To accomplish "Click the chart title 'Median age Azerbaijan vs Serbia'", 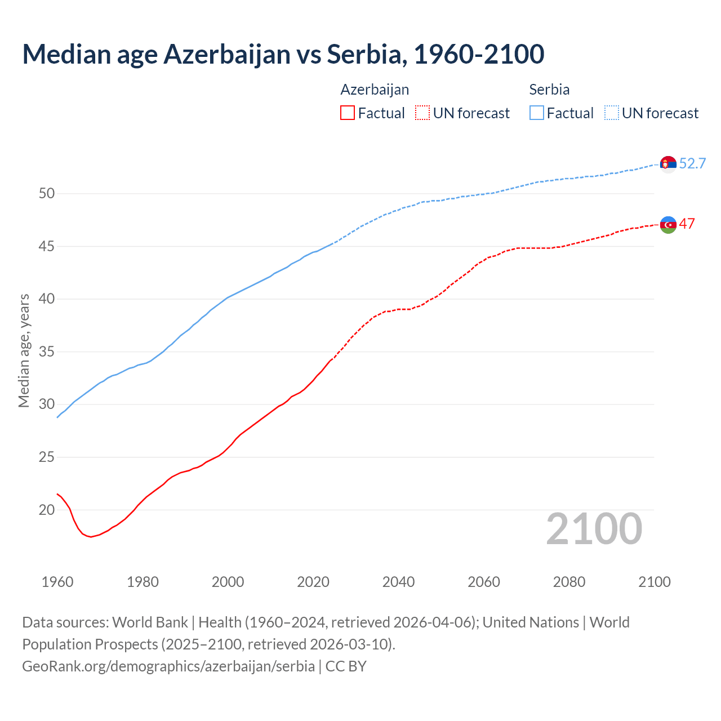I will (283, 54).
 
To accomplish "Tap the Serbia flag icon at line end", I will (668, 164).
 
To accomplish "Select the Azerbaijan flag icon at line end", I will (668, 224).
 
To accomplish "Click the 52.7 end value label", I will (692, 164).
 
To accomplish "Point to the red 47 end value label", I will (687, 224).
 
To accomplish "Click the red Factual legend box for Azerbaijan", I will (348, 113).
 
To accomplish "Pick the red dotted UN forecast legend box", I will (422, 113).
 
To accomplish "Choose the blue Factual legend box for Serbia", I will (537, 113).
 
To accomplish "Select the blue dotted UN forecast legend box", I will (612, 113).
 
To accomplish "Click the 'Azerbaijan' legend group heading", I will (375, 90).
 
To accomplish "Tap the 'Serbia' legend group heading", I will (549, 90).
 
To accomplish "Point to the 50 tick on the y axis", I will (47, 194).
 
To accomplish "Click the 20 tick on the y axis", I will (47, 510).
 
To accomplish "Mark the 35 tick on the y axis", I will (47, 352).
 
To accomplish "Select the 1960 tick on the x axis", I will (57, 582).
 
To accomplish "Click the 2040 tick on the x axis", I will (398, 582).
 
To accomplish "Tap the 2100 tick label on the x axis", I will (654, 582).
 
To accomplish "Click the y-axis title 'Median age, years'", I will (24, 350).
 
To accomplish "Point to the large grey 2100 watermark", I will (594, 529).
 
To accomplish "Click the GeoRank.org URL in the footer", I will (168, 666).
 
